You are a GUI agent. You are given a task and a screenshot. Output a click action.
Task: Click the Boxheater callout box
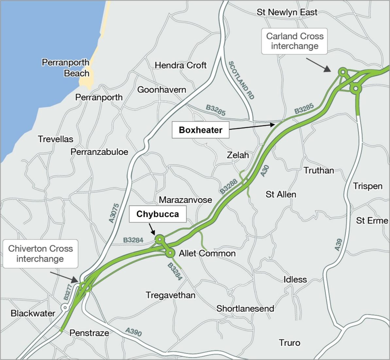coord(200,130)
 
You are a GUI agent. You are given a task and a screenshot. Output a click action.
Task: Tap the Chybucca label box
coord(158,214)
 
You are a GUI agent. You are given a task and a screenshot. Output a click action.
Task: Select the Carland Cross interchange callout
coord(295,41)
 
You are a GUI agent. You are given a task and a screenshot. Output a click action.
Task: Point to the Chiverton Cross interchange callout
coord(40,254)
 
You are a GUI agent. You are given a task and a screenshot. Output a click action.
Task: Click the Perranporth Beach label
coord(66,68)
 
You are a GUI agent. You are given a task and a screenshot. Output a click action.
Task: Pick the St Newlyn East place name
coord(287,12)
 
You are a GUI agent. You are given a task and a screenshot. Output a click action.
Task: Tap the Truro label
coord(289,343)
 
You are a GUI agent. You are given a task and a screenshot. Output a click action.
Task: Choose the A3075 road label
coord(114,213)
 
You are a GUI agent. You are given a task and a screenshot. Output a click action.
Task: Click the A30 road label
coord(265,171)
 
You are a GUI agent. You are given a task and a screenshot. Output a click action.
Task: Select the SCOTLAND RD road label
coord(241,80)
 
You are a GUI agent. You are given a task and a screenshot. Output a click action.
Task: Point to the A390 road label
coord(134,332)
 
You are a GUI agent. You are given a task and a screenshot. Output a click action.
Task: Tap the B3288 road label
coord(229,187)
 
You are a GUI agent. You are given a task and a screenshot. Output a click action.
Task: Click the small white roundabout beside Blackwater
coord(65,308)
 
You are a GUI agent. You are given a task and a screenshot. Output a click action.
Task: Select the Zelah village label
coord(238,155)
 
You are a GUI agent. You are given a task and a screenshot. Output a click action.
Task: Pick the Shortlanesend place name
coord(245,308)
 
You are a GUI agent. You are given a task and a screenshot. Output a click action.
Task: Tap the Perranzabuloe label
coord(99,152)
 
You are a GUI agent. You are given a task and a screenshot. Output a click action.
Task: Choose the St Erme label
coord(372,221)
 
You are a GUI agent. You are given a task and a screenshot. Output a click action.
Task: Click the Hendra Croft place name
coord(180,65)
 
